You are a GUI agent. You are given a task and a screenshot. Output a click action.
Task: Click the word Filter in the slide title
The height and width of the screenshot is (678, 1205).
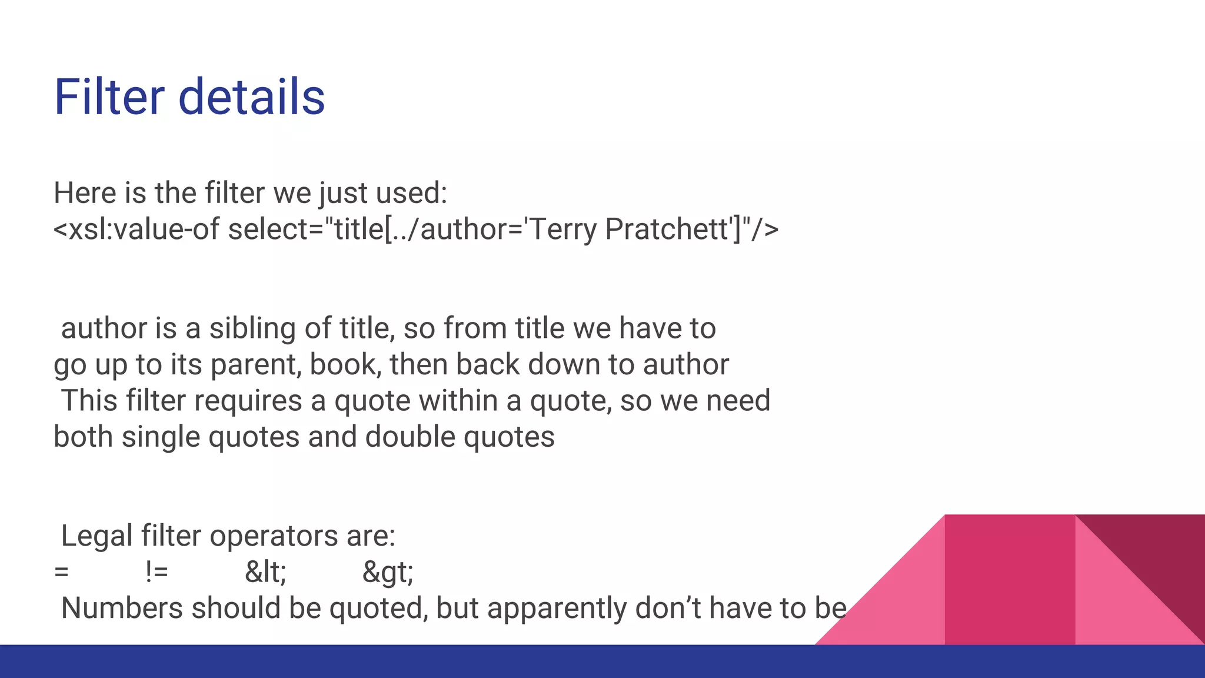pyautogui.click(x=109, y=97)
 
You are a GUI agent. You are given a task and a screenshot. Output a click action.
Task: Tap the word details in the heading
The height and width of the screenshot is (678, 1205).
pyautogui.click(x=251, y=97)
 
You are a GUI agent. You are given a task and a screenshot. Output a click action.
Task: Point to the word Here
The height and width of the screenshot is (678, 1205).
pyautogui.click(x=84, y=193)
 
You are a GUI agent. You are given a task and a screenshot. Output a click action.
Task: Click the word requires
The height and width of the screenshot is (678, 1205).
pyautogui.click(x=248, y=401)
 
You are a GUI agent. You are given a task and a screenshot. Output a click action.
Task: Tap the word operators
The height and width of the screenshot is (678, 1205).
pyautogui.click(x=274, y=536)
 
